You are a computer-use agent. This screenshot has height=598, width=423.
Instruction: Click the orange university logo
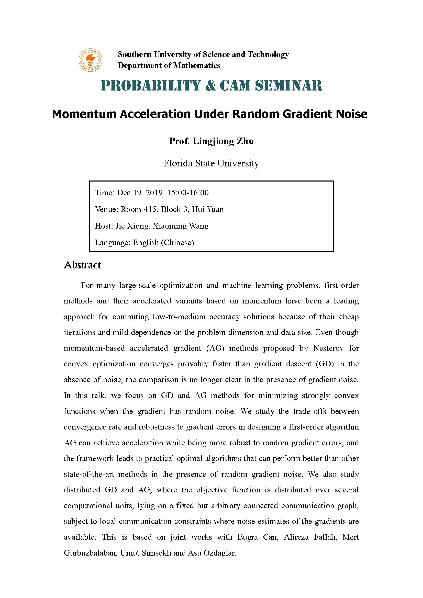pos(90,60)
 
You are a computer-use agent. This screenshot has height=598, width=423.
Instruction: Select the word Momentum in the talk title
pos(84,114)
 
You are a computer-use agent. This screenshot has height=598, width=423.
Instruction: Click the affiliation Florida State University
pos(211,163)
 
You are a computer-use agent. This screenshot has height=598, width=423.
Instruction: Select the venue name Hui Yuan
pos(208,209)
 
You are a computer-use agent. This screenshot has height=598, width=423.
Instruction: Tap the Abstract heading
pos(83,265)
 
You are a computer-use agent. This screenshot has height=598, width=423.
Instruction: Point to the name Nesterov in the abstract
pos(328,348)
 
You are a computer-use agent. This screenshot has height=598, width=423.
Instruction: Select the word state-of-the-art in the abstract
pos(89,474)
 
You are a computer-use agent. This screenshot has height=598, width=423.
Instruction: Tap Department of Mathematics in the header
pos(169,65)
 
